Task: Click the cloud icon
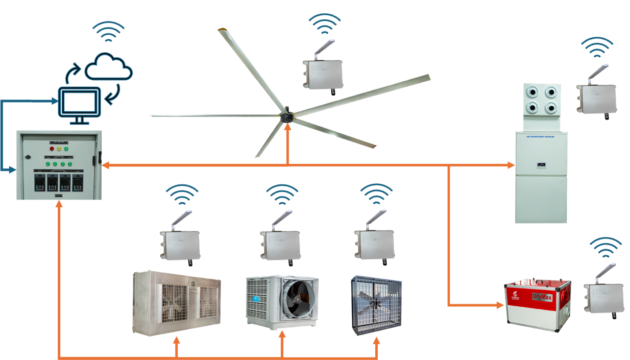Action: tap(109, 66)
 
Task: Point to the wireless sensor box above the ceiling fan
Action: tap(323, 74)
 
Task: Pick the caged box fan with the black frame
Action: tap(376, 305)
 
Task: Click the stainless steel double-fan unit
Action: tap(177, 304)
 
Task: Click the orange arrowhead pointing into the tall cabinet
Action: tap(511, 165)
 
